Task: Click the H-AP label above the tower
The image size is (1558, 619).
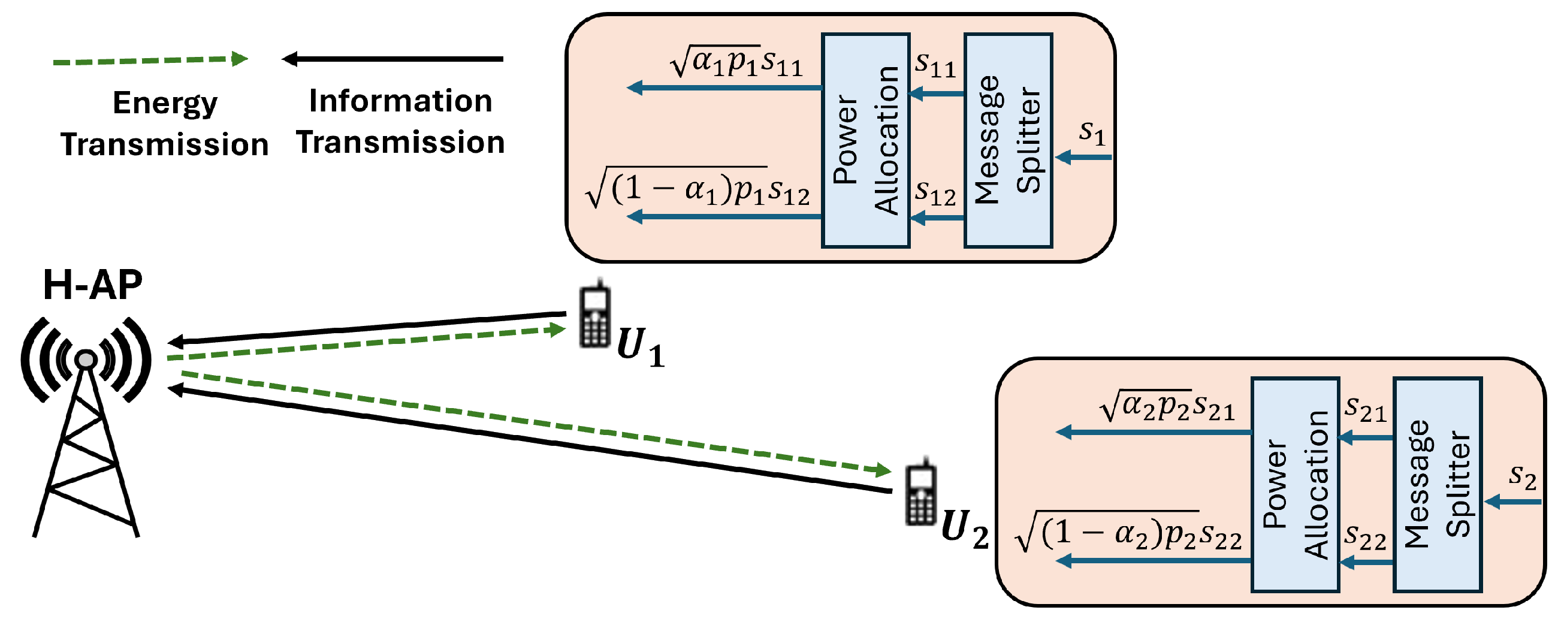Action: click(92, 285)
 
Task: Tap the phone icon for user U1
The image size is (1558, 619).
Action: click(594, 316)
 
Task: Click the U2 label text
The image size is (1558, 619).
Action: click(965, 529)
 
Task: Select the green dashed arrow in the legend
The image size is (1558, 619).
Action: click(150, 61)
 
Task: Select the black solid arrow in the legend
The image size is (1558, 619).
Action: click(392, 59)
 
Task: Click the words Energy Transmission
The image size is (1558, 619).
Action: click(165, 123)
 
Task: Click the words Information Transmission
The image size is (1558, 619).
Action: click(400, 121)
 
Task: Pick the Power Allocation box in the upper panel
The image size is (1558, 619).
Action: click(865, 140)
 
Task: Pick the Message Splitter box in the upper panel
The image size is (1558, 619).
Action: click(1009, 140)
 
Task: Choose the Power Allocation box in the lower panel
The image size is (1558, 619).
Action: click(1295, 485)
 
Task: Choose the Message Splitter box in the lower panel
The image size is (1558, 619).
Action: click(1437, 485)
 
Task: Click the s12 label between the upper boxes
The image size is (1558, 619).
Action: click(935, 193)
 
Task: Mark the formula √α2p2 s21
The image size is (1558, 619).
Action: click(1167, 407)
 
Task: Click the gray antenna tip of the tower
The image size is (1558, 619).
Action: click(86, 360)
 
